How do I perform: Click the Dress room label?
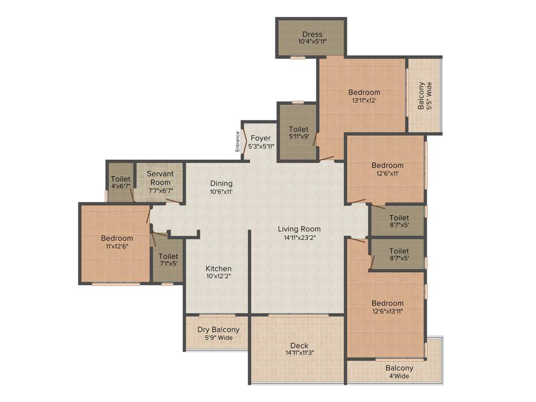(312, 35)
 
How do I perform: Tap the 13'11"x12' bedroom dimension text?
(364, 100)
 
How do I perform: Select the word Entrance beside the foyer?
(238, 141)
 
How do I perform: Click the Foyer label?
(261, 138)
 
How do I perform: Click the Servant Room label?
(160, 178)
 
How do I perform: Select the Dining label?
(221, 183)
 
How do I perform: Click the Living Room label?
(299, 229)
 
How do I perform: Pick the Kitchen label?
(219, 269)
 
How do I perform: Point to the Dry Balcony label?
(218, 330)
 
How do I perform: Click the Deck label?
(299, 345)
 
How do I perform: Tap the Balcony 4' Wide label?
(399, 372)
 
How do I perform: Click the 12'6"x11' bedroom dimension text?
(387, 173)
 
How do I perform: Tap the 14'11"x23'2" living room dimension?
(299, 237)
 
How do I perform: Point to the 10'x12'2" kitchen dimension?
(219, 276)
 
